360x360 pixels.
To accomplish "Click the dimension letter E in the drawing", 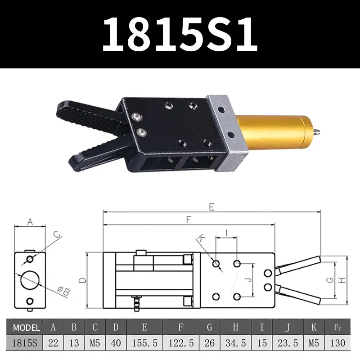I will tap(211, 207).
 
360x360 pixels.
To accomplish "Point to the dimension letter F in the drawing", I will tap(189, 220).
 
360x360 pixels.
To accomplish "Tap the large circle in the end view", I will tap(30, 280).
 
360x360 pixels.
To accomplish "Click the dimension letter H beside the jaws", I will tap(342, 280).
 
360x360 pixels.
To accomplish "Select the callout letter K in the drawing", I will tap(201, 237).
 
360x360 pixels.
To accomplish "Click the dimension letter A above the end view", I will tap(31, 221).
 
